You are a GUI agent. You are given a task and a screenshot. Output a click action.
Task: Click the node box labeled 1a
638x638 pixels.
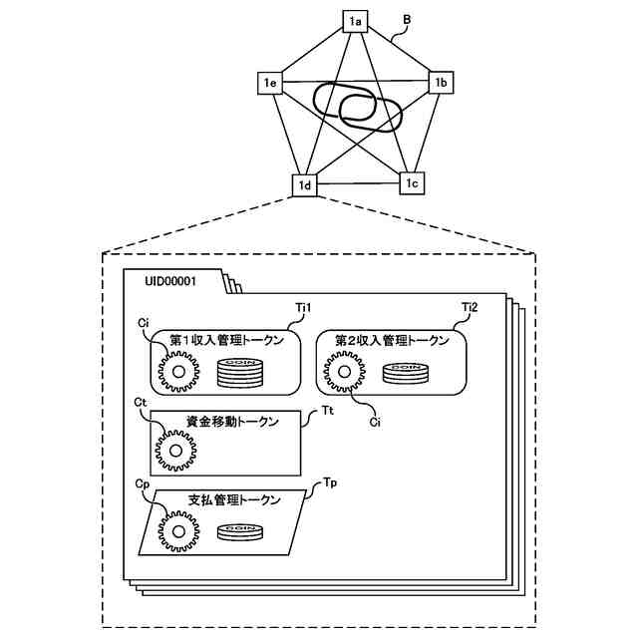[x=355, y=21]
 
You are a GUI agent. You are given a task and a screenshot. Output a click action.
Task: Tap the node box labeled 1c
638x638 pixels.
[x=414, y=182]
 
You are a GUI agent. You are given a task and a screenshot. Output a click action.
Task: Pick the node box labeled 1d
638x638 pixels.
[x=304, y=184]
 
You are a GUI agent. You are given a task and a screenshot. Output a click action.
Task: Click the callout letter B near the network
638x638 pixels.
[x=406, y=19]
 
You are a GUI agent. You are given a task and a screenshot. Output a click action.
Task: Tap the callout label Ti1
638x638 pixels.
[x=305, y=308]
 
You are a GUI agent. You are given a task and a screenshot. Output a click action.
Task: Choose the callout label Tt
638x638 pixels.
[x=328, y=410]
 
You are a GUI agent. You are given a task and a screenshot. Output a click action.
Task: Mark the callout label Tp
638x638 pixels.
[x=331, y=482]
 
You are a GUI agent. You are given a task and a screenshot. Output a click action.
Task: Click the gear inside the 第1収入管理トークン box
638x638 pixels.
[x=179, y=374]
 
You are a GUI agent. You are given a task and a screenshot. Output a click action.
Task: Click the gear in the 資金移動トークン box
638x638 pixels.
[x=175, y=450]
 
